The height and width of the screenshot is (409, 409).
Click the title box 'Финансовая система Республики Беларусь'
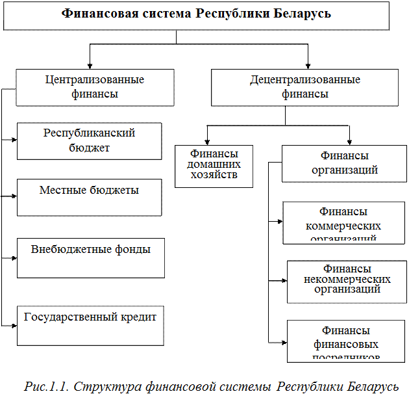click(196, 14)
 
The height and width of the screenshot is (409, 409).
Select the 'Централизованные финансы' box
click(95, 87)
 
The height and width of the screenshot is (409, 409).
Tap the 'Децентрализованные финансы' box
click(304, 87)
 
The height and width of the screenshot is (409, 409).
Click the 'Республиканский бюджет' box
click(89, 140)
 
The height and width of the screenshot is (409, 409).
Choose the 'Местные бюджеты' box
click(89, 197)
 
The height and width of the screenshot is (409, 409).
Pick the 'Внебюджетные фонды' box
click(90, 257)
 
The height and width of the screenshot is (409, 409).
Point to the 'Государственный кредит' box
click(90, 326)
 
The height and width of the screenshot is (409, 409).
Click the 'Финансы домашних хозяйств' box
click(214, 166)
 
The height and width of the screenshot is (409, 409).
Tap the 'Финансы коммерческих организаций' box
click(343, 222)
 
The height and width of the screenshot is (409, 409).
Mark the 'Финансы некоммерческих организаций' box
click(347, 282)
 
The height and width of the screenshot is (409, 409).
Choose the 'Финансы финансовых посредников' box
click(346, 341)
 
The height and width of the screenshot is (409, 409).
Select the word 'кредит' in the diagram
click(138, 317)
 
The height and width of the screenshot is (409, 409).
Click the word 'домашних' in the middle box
click(214, 165)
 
